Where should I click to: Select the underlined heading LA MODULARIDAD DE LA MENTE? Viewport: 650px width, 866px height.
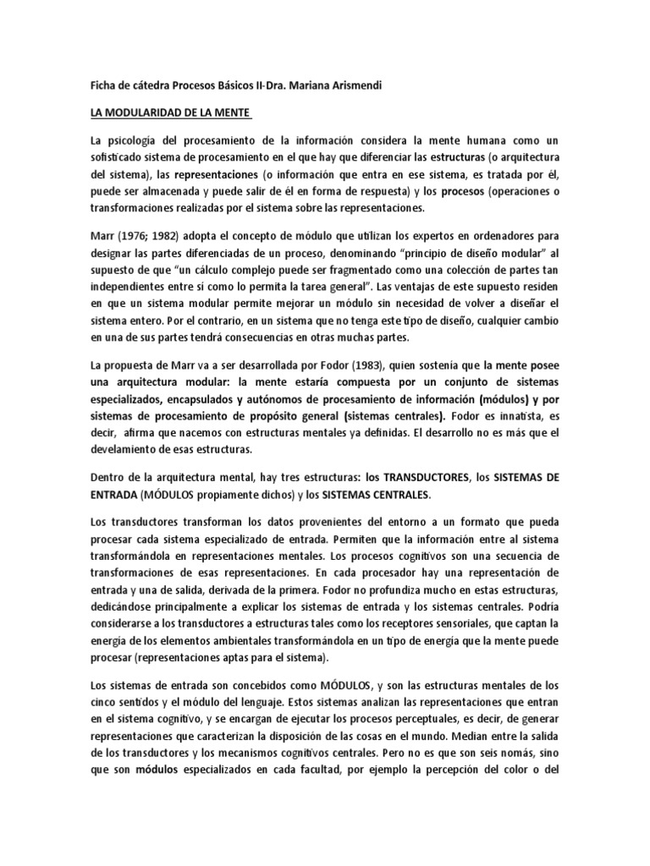[161, 113]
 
